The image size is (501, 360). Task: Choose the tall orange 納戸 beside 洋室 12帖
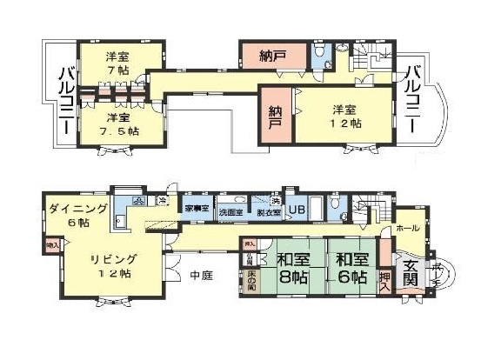click(x=276, y=117)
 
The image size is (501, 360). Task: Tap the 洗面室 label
click(x=230, y=210)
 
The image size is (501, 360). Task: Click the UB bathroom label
click(x=296, y=210)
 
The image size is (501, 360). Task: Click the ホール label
click(x=407, y=228)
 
